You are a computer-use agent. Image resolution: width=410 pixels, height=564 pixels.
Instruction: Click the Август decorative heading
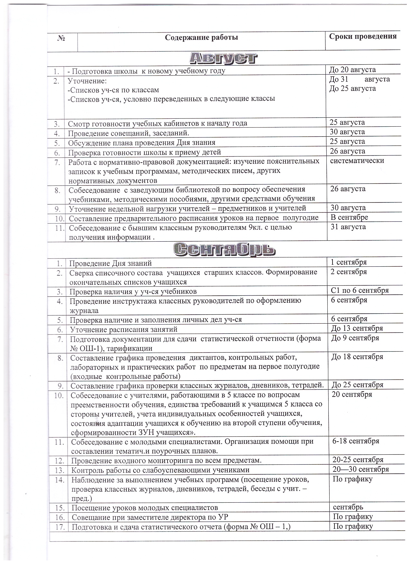(x=223, y=58)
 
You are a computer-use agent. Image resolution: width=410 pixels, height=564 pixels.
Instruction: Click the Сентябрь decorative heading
(x=224, y=249)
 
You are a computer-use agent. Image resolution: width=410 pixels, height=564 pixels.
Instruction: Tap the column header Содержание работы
(x=201, y=38)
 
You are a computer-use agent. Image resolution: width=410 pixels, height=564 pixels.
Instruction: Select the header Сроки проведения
(x=363, y=36)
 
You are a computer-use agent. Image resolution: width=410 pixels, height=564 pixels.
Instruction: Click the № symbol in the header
(x=61, y=38)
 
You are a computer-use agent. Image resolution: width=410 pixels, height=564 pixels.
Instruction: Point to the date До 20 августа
(x=352, y=69)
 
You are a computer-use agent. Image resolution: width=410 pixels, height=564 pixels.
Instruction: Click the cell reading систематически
(x=357, y=160)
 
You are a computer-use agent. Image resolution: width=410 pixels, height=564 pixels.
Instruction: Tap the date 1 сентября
(x=349, y=262)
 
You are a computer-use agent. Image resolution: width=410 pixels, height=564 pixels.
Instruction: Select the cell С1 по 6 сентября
(x=360, y=290)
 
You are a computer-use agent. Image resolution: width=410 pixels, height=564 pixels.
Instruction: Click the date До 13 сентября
(x=357, y=328)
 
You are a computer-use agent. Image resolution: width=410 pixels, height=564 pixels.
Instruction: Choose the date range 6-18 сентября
(x=356, y=441)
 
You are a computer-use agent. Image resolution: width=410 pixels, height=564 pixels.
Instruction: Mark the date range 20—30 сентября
(x=360, y=469)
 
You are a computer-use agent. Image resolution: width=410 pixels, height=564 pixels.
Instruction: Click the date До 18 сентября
(x=357, y=356)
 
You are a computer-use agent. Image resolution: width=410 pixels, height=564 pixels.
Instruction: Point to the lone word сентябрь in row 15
(x=348, y=507)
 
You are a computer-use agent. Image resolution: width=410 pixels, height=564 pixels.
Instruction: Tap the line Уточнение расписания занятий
(x=123, y=329)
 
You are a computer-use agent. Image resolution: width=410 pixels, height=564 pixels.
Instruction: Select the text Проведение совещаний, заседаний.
(x=128, y=133)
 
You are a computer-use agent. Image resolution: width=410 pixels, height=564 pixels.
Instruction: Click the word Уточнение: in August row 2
(x=87, y=81)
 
